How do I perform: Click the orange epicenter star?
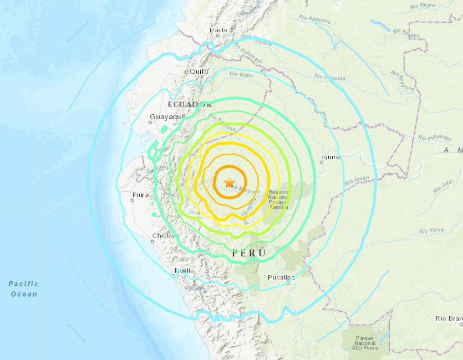coord(229,181)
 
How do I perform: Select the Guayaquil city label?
coord(166,116)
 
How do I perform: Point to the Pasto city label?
coord(218,30)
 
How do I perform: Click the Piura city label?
coord(141,195)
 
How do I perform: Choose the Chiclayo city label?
coord(165,236)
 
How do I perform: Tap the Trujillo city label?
coord(184,271)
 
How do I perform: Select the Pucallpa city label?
coord(281,277)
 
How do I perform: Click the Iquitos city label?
coord(331,157)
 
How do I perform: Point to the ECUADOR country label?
coord(190,104)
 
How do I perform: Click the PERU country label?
coord(249,253)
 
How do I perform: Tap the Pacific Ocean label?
coord(24,288)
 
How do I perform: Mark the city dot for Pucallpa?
coord(288,283)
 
